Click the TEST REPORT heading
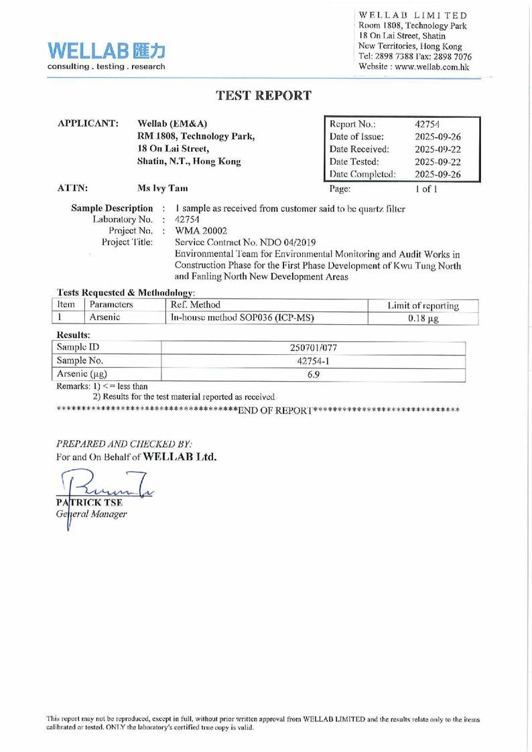[263, 96]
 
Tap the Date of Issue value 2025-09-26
[438, 137]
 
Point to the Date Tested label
[354, 161]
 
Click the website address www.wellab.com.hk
[433, 67]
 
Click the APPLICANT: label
[88, 124]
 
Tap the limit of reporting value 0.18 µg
[423, 318]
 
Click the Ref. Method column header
[196, 305]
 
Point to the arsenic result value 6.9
[313, 375]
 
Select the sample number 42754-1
[313, 361]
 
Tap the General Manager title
[91, 514]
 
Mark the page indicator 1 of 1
[427, 189]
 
